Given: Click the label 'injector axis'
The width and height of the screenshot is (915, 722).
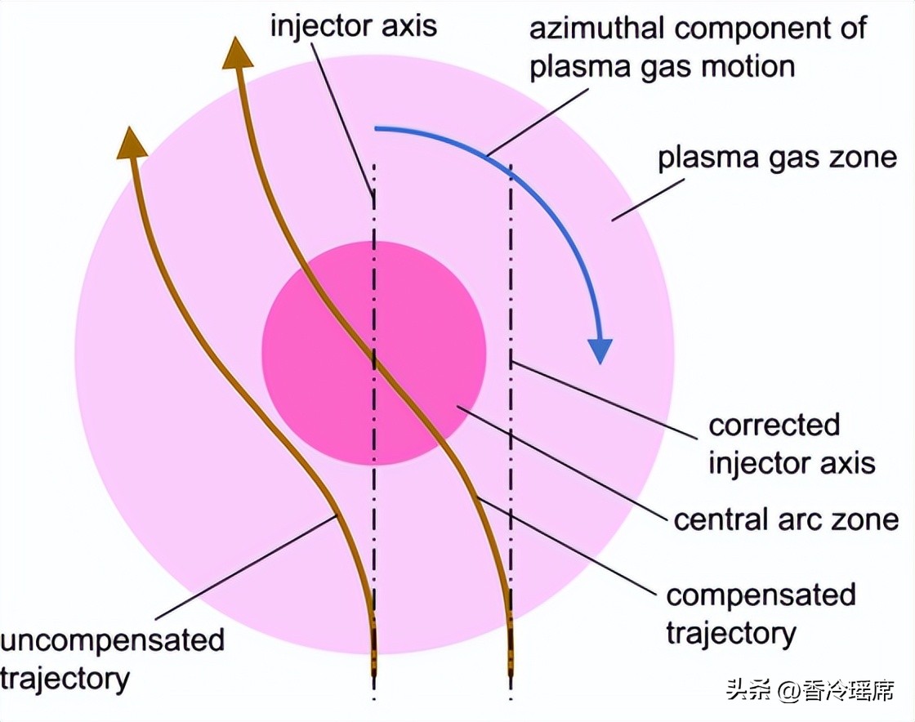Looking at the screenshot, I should [354, 25].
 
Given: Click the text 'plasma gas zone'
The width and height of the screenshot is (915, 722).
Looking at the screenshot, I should [777, 156].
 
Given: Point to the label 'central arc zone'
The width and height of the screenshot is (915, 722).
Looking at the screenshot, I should [786, 519].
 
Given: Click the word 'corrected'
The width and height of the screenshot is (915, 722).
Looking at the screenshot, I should [774, 426].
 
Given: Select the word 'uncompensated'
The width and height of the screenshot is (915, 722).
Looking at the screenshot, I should [112, 639].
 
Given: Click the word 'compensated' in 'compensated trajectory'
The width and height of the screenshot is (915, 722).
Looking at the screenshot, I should [761, 595].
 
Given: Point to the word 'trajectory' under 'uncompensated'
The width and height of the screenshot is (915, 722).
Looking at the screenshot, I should [65, 678].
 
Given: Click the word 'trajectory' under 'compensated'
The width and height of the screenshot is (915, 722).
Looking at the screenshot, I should [731, 632].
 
